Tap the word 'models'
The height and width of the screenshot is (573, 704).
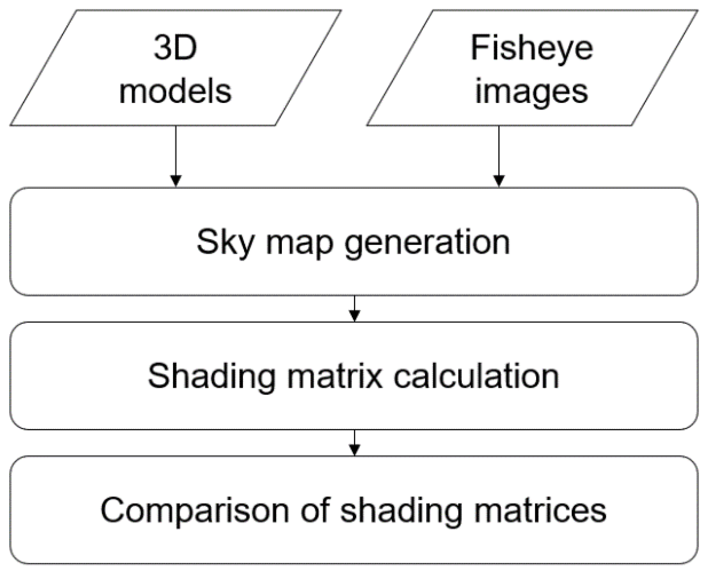click(175, 91)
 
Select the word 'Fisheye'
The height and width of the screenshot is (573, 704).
click(531, 48)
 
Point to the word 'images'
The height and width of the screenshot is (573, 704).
click(531, 92)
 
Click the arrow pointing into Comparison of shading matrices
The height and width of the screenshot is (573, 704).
click(355, 442)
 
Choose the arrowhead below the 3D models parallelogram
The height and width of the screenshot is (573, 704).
click(176, 181)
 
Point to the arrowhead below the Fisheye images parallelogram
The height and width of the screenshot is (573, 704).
click(499, 181)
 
